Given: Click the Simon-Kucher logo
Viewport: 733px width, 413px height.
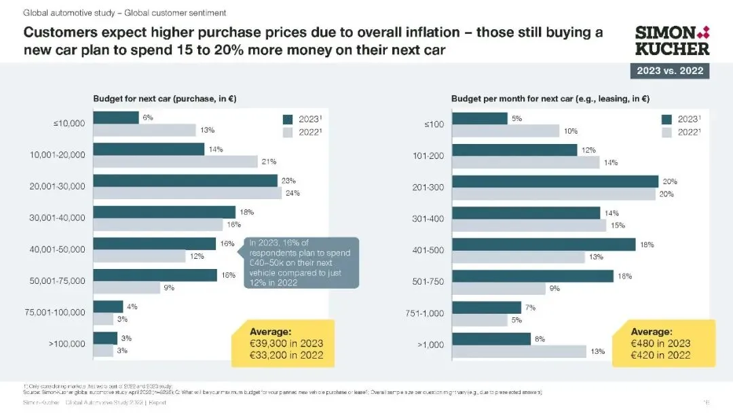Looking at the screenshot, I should [x=672, y=40].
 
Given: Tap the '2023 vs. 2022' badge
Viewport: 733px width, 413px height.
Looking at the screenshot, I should [x=669, y=71].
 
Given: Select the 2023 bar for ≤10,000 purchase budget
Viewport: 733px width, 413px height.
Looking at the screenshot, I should [x=116, y=118].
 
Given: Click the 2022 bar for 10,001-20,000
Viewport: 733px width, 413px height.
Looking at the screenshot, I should [x=175, y=161].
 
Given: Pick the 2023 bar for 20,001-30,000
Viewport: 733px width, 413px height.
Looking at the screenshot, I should [x=185, y=181].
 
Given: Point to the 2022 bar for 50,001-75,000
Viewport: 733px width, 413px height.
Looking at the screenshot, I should [x=126, y=287].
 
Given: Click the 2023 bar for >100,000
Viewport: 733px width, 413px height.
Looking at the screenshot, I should [x=105, y=338].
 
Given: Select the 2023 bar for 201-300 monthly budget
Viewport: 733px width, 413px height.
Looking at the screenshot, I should [x=555, y=181].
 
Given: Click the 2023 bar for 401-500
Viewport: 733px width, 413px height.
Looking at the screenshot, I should [x=544, y=245].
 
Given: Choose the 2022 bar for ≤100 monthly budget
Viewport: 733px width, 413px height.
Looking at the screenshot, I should [x=506, y=130].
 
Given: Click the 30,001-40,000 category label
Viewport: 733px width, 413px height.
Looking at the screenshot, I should [x=58, y=218].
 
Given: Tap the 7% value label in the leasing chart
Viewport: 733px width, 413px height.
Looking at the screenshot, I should [x=530, y=308].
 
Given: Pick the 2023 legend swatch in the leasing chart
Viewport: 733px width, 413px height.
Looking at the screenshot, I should [x=666, y=119].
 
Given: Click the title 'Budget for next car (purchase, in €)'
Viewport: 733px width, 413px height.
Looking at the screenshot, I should [x=164, y=99].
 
